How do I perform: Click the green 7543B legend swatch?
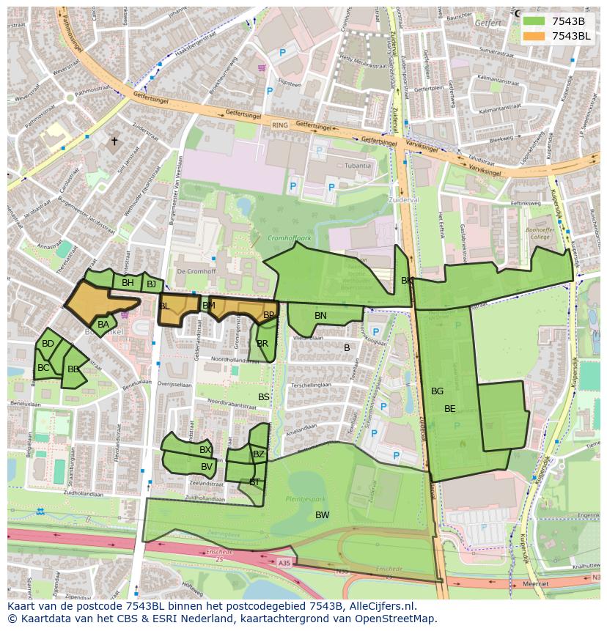tap(534, 21)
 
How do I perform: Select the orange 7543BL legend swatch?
tap(534, 36)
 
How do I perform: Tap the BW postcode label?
tap(322, 515)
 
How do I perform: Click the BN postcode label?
tap(320, 316)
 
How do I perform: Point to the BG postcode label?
tap(437, 391)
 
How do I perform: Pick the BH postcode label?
tap(128, 283)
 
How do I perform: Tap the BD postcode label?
tap(48, 344)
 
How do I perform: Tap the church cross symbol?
tap(114, 141)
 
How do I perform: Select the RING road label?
tap(280, 125)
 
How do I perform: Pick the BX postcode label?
tap(205, 450)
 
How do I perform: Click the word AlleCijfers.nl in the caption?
tap(381, 607)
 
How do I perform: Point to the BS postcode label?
tap(264, 397)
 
